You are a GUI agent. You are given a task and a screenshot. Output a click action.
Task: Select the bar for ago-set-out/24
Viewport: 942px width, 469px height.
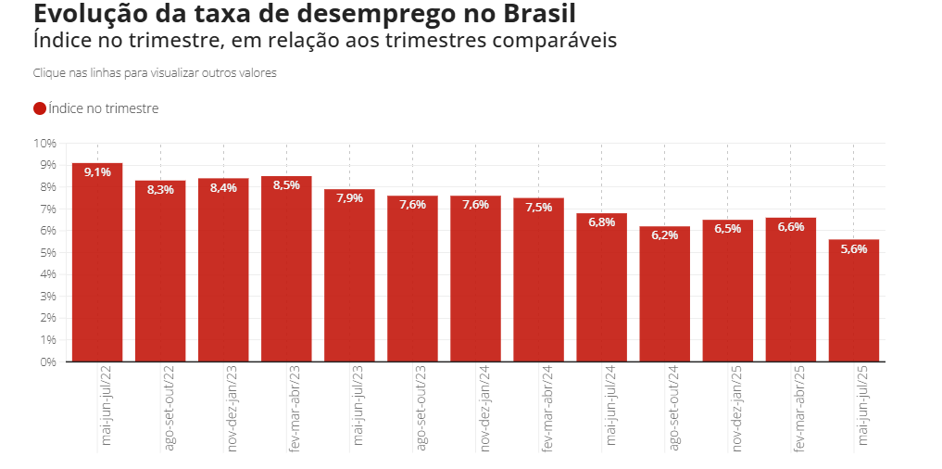[x=664, y=297]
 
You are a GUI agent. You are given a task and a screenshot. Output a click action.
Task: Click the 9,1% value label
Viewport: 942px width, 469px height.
[x=97, y=172]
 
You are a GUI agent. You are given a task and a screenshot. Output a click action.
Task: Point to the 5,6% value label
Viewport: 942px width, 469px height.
[x=853, y=248]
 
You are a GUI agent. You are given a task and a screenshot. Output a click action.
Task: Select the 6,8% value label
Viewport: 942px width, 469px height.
[x=601, y=222]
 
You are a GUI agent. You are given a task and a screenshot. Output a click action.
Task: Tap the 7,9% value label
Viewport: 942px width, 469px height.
[x=349, y=198]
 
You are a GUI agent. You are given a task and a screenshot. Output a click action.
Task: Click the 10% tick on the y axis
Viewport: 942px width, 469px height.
[x=45, y=144]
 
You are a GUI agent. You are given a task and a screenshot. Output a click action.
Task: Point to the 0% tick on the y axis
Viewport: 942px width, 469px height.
[x=48, y=361]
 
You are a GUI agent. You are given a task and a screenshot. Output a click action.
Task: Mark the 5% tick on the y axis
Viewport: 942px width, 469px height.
[x=48, y=253]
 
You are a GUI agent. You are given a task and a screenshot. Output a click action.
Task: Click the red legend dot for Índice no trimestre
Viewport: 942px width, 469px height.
[x=40, y=108]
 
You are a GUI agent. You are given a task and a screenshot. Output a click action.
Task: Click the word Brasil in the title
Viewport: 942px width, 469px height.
[x=537, y=15]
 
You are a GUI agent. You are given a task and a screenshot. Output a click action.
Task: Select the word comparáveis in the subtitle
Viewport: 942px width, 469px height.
[x=556, y=42]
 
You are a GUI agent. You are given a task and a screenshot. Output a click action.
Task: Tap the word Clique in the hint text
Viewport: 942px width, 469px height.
[x=48, y=72]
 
